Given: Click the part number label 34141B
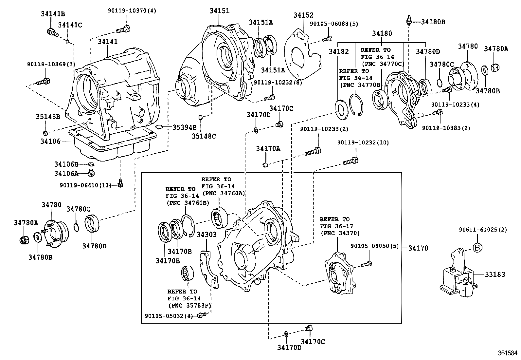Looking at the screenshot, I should click(x=53, y=14).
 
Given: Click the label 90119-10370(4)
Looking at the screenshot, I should click(x=132, y=10).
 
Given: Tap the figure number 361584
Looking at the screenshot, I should click(x=508, y=353).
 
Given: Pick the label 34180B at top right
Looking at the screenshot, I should click(x=433, y=22).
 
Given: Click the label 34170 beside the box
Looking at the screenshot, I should click(x=418, y=248).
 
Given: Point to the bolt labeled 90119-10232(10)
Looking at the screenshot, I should click(x=350, y=161).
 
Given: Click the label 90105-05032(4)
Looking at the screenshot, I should click(x=169, y=315).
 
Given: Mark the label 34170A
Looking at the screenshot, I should click(x=268, y=149).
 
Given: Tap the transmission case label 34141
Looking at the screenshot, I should click(x=108, y=42).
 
